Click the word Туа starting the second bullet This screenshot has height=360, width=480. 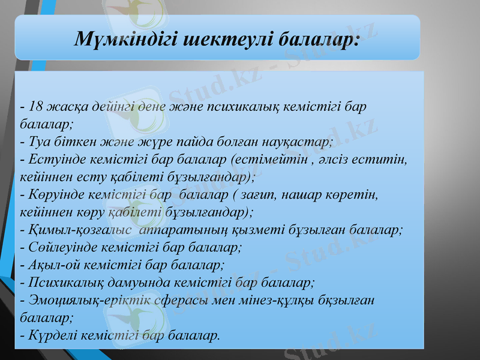(38, 143)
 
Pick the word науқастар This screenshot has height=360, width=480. (298, 143)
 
